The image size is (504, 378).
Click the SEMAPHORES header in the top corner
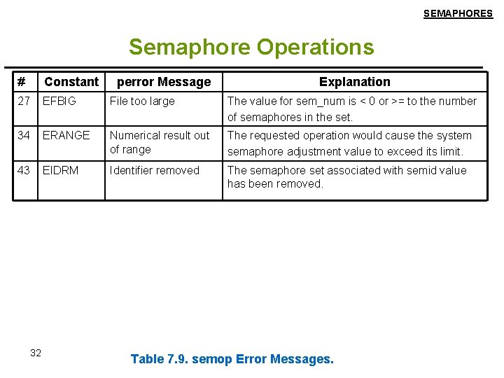point(458,13)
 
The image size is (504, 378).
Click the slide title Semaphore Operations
point(251,47)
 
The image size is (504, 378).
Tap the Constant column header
point(71,82)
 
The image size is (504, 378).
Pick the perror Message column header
point(163,82)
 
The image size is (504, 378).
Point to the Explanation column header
point(355,82)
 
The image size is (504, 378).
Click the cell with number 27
point(24,101)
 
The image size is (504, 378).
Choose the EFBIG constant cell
point(59,101)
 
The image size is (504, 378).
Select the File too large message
point(142,101)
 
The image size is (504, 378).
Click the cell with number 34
point(24,136)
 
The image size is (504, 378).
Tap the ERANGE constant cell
point(66,136)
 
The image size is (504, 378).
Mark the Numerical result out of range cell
point(160,142)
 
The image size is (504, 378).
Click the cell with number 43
point(24,170)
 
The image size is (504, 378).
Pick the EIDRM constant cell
point(60,170)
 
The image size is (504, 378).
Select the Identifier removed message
point(155,170)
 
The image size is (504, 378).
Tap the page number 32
point(36,353)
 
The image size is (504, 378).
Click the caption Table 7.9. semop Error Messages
point(232,359)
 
